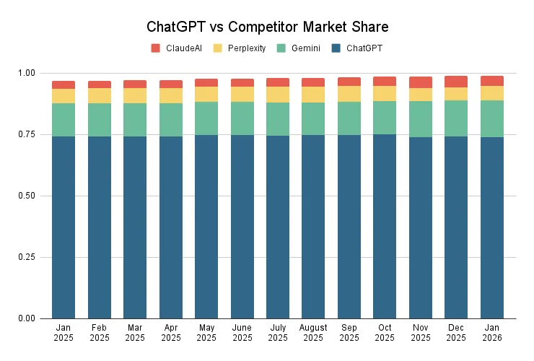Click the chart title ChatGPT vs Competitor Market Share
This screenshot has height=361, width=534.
pos(267,27)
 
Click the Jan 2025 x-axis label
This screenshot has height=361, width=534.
pos(64,332)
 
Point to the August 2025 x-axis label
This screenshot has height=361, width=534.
pos(313,332)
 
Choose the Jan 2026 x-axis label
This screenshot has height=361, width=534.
pos(491,332)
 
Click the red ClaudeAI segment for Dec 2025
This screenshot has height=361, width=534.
pos(456,82)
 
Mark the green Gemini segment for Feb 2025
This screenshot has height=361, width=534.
pos(100,120)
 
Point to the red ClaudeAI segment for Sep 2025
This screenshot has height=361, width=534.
pos(349,82)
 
